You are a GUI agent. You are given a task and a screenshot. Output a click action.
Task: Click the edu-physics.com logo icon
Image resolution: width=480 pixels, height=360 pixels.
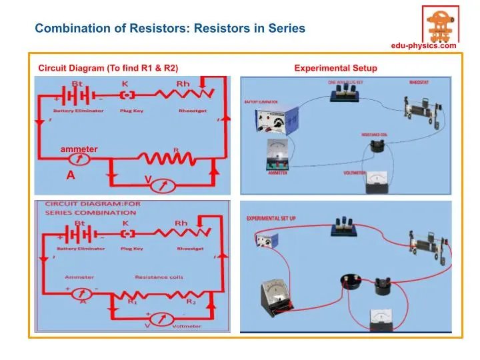coord(440,23)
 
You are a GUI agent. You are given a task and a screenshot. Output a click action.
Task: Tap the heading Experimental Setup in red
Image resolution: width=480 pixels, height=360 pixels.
coord(335,68)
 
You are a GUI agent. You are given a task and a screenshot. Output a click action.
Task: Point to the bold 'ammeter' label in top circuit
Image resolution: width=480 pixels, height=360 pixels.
coord(79,149)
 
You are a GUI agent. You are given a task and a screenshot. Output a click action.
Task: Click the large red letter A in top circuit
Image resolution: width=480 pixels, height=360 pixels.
coord(69,175)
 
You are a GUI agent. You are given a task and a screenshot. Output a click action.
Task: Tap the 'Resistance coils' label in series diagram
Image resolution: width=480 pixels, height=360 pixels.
coord(159,277)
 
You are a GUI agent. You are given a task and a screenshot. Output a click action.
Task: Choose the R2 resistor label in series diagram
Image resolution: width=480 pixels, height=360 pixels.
coord(190,302)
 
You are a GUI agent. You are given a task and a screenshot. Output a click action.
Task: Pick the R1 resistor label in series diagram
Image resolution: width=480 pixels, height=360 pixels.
coord(132,302)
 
